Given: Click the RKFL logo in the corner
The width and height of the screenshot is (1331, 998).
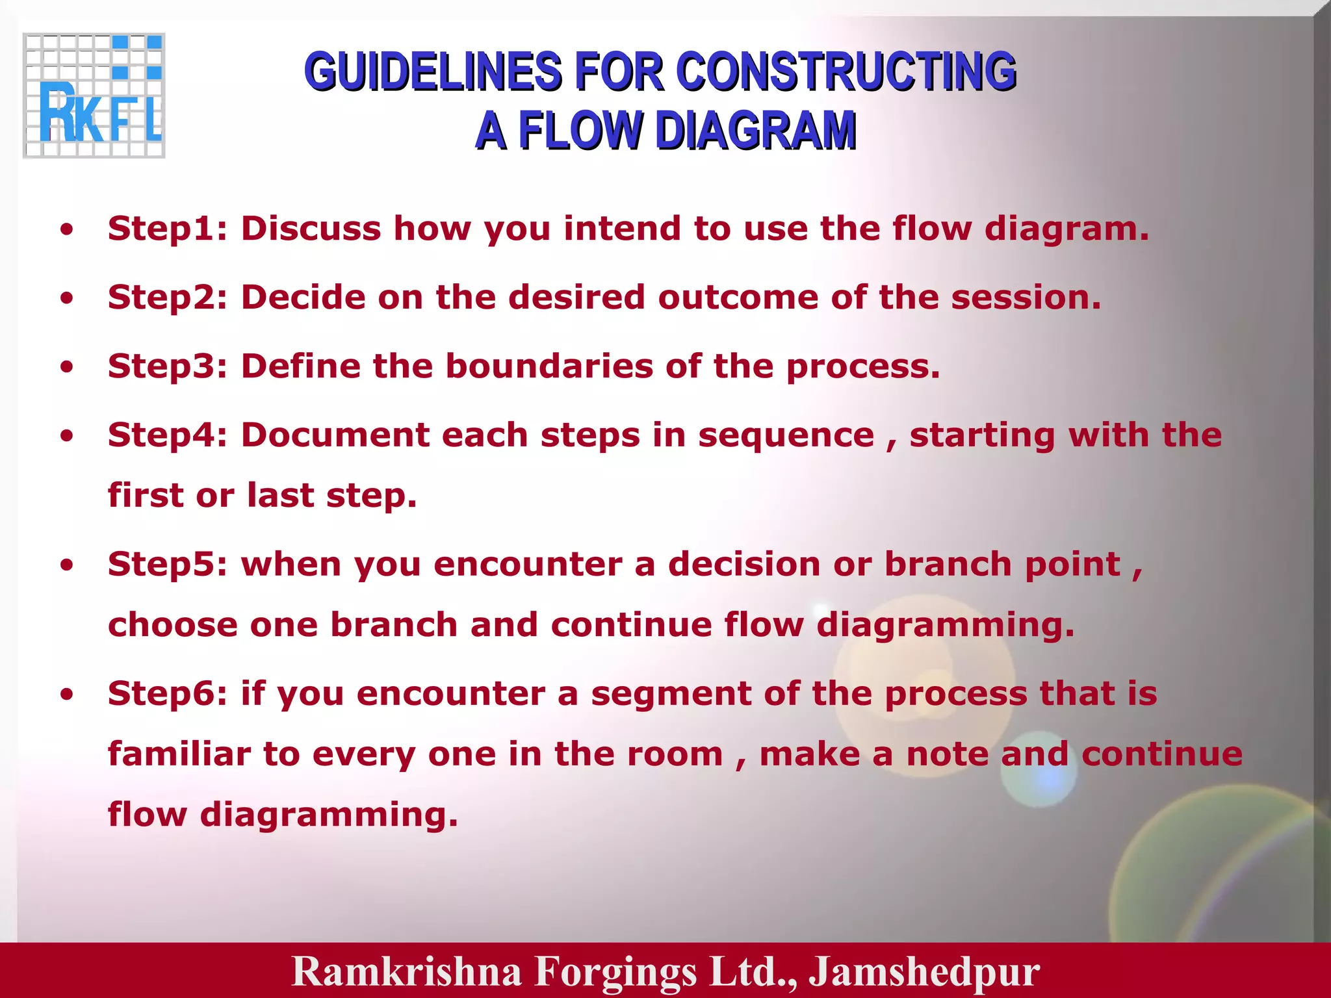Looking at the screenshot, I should pyautogui.click(x=94, y=96).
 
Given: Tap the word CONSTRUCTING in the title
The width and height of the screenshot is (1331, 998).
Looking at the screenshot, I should pyautogui.click(x=846, y=71).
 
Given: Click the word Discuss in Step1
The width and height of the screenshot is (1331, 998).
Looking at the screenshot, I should pyautogui.click(x=311, y=229).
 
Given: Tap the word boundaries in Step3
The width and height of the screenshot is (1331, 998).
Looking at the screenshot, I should pyautogui.click(x=549, y=366).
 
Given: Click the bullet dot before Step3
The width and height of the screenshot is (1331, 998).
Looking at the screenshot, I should pyautogui.click(x=66, y=367).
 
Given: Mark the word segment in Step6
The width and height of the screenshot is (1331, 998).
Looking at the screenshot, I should pyautogui.click(x=671, y=695).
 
